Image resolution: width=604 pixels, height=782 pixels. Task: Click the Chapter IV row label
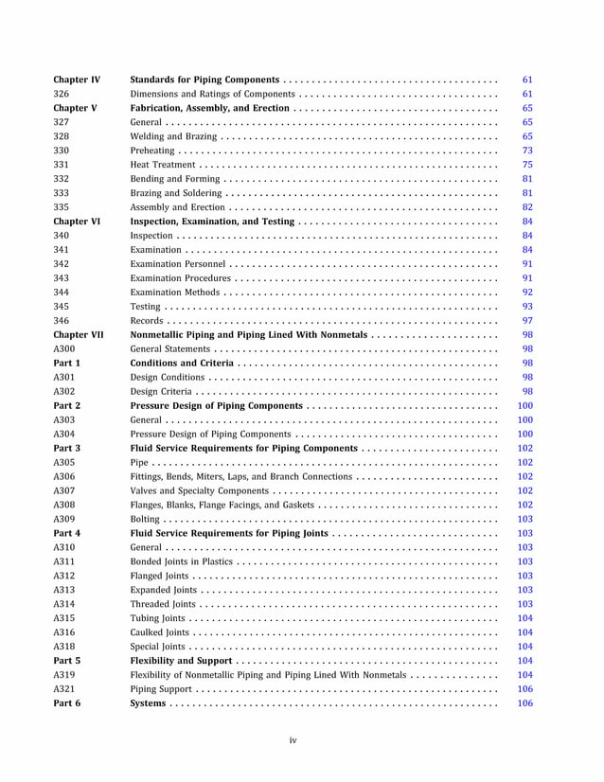point(77,80)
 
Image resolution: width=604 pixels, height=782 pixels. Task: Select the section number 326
point(62,94)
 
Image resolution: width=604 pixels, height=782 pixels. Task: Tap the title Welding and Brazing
point(173,136)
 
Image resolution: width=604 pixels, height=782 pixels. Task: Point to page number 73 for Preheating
point(527,151)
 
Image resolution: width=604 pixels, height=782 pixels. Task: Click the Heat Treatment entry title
point(163,165)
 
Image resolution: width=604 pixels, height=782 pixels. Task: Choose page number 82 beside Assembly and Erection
point(527,207)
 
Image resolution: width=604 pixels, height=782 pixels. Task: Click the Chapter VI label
point(77,222)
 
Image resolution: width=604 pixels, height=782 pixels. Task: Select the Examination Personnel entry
point(178,264)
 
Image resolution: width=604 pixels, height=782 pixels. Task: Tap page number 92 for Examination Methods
point(527,293)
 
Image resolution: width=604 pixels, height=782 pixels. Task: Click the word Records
point(146,321)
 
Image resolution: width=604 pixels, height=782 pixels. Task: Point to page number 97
point(527,321)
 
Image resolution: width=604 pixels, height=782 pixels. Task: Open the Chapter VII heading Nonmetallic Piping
point(248,335)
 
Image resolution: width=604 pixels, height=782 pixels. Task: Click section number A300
point(64,349)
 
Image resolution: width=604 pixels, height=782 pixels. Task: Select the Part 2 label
point(67,405)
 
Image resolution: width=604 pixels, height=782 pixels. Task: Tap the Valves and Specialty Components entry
point(199,490)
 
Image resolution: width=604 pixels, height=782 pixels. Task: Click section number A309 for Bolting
point(64,519)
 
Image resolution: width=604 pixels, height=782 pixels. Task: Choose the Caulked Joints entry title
point(159,632)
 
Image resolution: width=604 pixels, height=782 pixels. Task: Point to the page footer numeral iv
point(293,739)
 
